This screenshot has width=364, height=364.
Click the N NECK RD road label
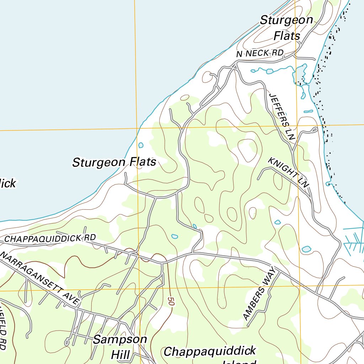coord(260,53)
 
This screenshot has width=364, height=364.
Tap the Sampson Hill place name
coord(120,347)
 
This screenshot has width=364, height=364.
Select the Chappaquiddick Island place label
coord(210,355)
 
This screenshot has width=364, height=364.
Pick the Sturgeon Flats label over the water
coord(114,162)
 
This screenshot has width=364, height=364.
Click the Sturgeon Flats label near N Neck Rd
coord(287,27)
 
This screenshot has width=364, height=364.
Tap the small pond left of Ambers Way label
coord(175,236)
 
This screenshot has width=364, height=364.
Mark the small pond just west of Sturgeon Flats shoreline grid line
coord(141,145)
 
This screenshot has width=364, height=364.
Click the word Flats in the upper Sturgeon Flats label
coord(287,36)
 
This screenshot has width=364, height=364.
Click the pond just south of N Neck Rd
coord(269,71)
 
